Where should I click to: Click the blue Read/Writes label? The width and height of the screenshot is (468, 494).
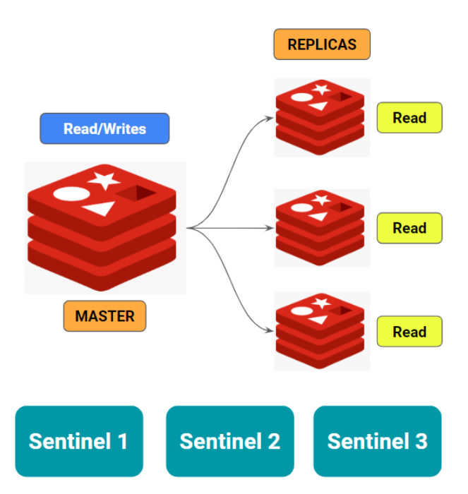104,128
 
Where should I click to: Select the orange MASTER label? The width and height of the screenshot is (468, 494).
104,316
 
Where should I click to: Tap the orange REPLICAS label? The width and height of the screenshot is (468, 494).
322,44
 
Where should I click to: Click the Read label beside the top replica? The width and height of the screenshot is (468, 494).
409,118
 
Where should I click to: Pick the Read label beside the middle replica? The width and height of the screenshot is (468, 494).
409,228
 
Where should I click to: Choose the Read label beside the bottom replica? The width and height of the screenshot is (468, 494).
409,332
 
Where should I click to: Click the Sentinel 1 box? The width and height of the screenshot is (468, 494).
79,441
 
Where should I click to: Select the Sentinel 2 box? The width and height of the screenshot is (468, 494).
230,441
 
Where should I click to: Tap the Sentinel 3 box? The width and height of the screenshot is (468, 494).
378,441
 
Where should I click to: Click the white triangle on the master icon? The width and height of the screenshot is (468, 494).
100,208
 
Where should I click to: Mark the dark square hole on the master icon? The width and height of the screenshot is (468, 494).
137,193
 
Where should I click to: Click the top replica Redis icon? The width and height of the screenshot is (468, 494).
321,117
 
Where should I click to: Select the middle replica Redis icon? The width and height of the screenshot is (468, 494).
321,227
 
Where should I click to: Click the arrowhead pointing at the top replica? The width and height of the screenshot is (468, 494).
270,118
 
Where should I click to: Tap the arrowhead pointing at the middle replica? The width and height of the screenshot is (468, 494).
270,228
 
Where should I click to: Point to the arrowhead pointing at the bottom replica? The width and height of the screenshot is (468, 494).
270,331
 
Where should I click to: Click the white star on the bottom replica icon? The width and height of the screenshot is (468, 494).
321,303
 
